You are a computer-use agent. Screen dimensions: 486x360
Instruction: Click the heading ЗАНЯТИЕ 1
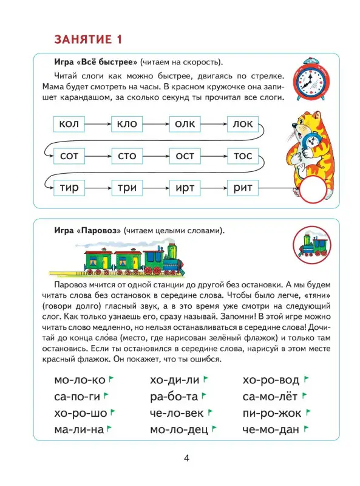(x=89, y=40)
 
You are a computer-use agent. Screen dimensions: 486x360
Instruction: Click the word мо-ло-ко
(x=79, y=381)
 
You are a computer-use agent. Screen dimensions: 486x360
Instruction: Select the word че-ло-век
(x=175, y=414)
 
